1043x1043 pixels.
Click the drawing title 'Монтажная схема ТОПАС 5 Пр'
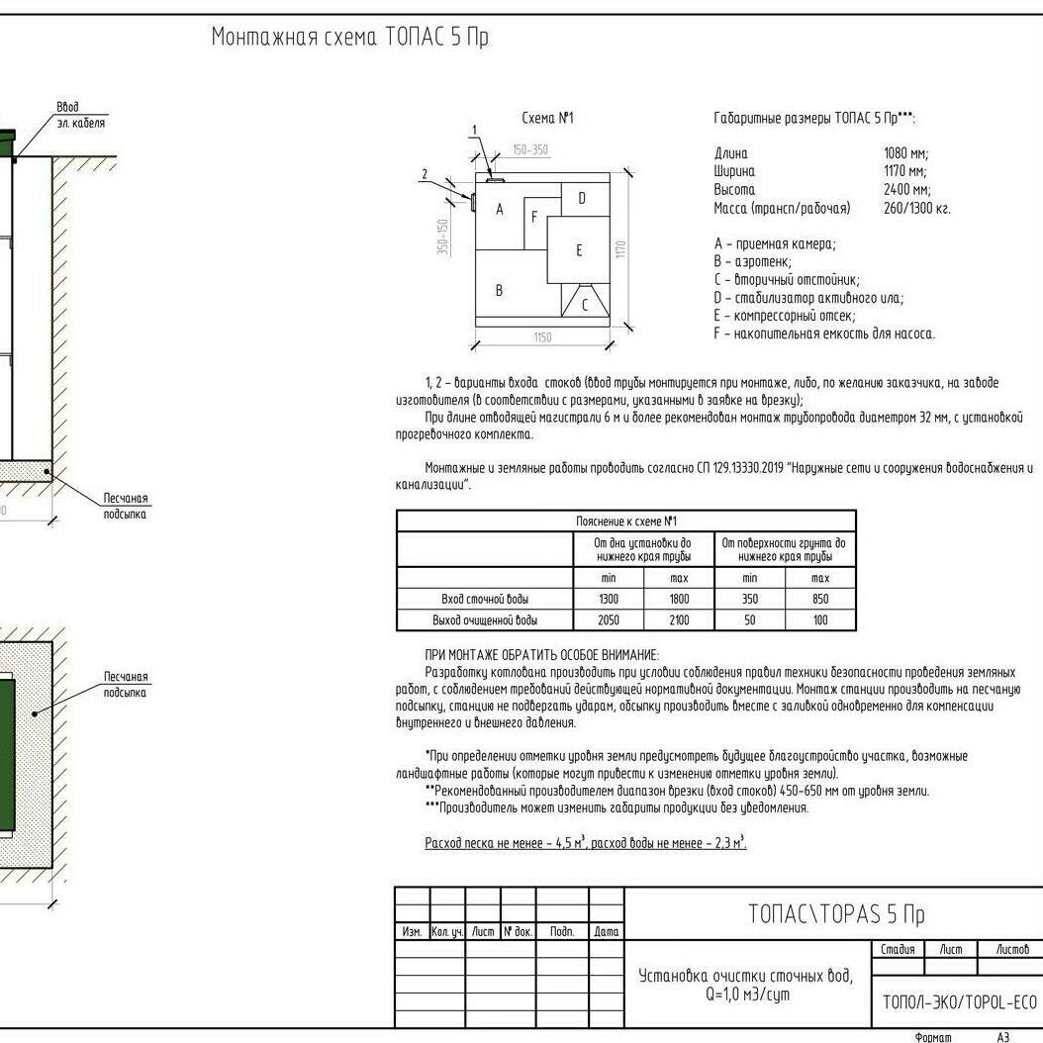click(350, 39)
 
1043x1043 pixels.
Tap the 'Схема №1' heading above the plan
click(547, 119)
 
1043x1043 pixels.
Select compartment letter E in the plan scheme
click(579, 250)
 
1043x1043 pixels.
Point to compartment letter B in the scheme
click(499, 291)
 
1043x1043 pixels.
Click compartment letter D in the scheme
click(581, 198)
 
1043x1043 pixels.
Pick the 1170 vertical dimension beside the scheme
click(621, 249)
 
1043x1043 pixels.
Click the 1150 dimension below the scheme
click(542, 337)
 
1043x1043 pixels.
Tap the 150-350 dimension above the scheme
click(529, 150)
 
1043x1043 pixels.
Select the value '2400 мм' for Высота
click(906, 190)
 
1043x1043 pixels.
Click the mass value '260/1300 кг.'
click(916, 209)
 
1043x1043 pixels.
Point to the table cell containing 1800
click(678, 599)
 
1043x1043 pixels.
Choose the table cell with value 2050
click(608, 620)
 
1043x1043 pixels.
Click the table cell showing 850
click(819, 599)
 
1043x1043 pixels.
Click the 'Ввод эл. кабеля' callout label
click(80, 115)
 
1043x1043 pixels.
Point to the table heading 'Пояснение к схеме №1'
click(625, 521)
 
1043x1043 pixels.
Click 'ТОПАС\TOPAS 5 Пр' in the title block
click(836, 913)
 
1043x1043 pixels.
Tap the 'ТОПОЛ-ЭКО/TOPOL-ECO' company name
click(959, 1001)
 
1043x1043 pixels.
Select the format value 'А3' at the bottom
click(1002, 1037)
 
